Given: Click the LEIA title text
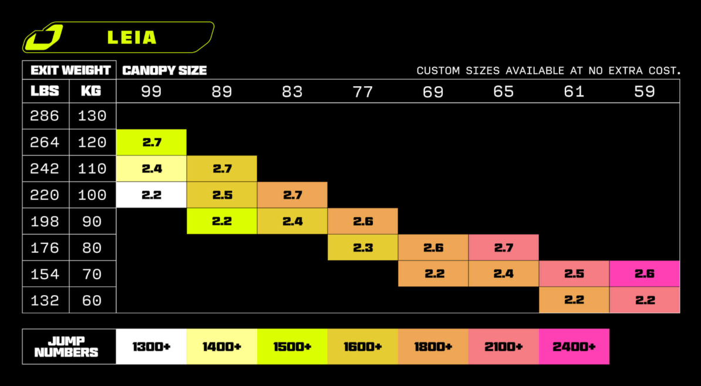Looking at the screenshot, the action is (132, 38).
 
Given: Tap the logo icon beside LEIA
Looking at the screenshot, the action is (43, 37).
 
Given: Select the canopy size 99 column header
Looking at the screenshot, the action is (151, 91).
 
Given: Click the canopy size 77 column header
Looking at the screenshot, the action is (363, 91).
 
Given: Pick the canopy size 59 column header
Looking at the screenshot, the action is (645, 91).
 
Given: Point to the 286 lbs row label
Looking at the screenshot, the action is (45, 116).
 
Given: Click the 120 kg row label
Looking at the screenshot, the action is (92, 143).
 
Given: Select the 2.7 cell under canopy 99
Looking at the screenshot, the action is (151, 143).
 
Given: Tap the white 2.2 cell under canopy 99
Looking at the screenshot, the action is (151, 195).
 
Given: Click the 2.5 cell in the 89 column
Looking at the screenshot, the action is (222, 195).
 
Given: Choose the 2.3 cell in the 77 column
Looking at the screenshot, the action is (363, 247).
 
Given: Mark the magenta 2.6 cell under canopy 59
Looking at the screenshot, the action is (645, 273).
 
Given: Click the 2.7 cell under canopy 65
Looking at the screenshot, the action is (504, 247).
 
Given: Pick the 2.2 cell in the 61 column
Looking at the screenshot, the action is (574, 300).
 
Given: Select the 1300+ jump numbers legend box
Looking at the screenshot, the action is (151, 347).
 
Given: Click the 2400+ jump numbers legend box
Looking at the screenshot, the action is (574, 347).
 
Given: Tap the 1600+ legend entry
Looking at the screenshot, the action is (363, 347).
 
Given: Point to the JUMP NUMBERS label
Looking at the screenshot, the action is (66, 347).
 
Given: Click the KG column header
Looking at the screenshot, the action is (91, 91).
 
